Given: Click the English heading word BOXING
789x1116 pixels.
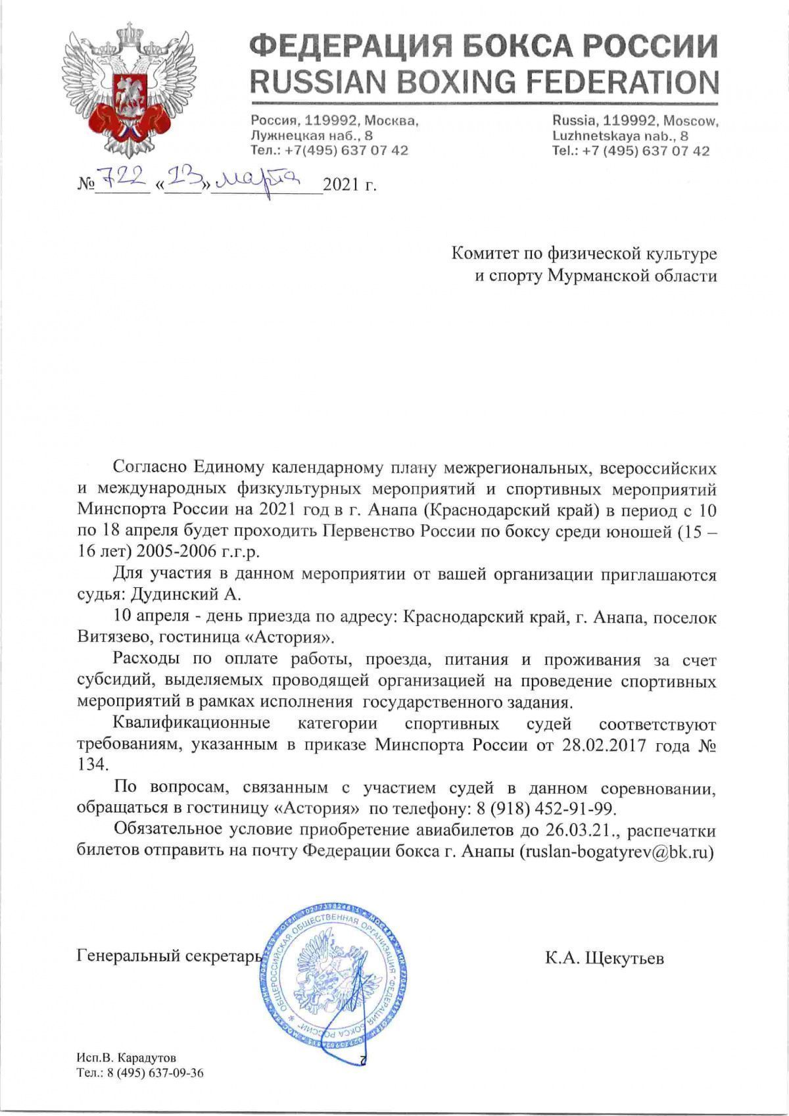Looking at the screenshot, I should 438,82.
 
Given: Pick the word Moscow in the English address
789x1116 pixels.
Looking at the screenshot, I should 691,122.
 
